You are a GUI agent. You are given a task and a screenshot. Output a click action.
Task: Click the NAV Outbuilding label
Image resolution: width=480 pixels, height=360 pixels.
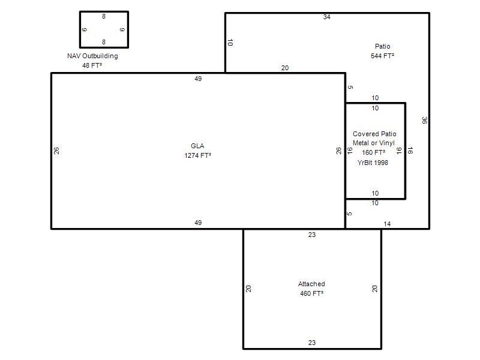[x=92, y=56]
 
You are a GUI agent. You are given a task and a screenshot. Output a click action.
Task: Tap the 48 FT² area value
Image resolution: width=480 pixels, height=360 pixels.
[x=92, y=65]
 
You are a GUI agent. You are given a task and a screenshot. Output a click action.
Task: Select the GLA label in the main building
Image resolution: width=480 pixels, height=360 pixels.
[x=197, y=146]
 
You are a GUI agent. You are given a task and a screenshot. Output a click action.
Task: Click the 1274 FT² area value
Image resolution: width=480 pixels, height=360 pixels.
[x=198, y=155]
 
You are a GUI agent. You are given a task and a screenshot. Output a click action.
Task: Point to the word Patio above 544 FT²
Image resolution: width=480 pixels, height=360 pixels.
[x=383, y=46]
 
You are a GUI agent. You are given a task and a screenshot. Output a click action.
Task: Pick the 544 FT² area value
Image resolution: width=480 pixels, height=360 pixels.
[x=382, y=56]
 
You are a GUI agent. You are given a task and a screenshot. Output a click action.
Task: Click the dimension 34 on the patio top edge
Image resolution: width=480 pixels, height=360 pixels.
[x=326, y=17]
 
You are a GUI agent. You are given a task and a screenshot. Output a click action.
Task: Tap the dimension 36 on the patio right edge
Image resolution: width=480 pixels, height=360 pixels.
[x=424, y=121]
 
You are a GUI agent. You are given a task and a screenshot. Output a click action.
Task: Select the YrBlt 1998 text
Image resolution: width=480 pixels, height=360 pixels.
[x=373, y=163]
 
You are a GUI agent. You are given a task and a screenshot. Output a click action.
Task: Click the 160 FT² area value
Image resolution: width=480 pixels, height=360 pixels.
[x=373, y=152]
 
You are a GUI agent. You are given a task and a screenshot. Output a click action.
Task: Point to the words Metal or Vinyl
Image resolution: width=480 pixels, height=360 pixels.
[x=373, y=143]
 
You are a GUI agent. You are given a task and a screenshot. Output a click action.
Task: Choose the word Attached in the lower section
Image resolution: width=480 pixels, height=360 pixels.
[x=311, y=284]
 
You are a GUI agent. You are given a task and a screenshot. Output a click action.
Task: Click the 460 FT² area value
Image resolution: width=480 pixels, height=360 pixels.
[x=311, y=293]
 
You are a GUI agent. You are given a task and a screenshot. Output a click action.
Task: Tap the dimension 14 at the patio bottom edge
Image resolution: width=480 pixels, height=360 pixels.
[x=387, y=224]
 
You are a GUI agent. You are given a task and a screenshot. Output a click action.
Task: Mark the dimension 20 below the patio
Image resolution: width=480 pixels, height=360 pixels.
[x=285, y=68]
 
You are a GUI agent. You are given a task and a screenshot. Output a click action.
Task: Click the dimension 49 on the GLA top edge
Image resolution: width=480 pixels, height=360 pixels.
[x=198, y=79]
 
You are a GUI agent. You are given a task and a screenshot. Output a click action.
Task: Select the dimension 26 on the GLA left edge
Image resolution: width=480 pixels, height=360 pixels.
[x=56, y=151]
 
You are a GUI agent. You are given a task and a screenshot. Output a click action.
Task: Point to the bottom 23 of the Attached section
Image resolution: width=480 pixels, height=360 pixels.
[x=312, y=343]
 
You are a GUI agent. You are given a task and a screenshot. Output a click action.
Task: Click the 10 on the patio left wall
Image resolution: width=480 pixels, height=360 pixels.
[x=230, y=43]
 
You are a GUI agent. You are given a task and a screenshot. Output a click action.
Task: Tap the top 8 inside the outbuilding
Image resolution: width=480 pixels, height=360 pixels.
[x=104, y=16]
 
